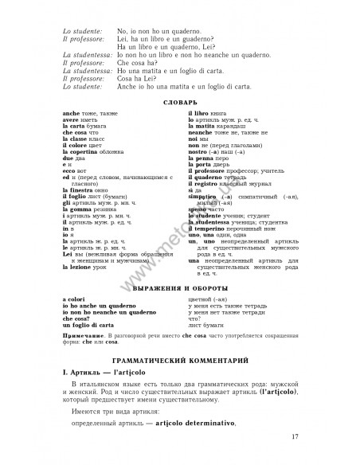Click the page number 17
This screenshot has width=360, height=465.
(x=295, y=435)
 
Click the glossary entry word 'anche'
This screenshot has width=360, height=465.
(x=69, y=114)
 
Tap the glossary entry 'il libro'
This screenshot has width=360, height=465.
(x=200, y=114)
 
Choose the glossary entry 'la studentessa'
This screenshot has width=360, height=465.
(x=213, y=224)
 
